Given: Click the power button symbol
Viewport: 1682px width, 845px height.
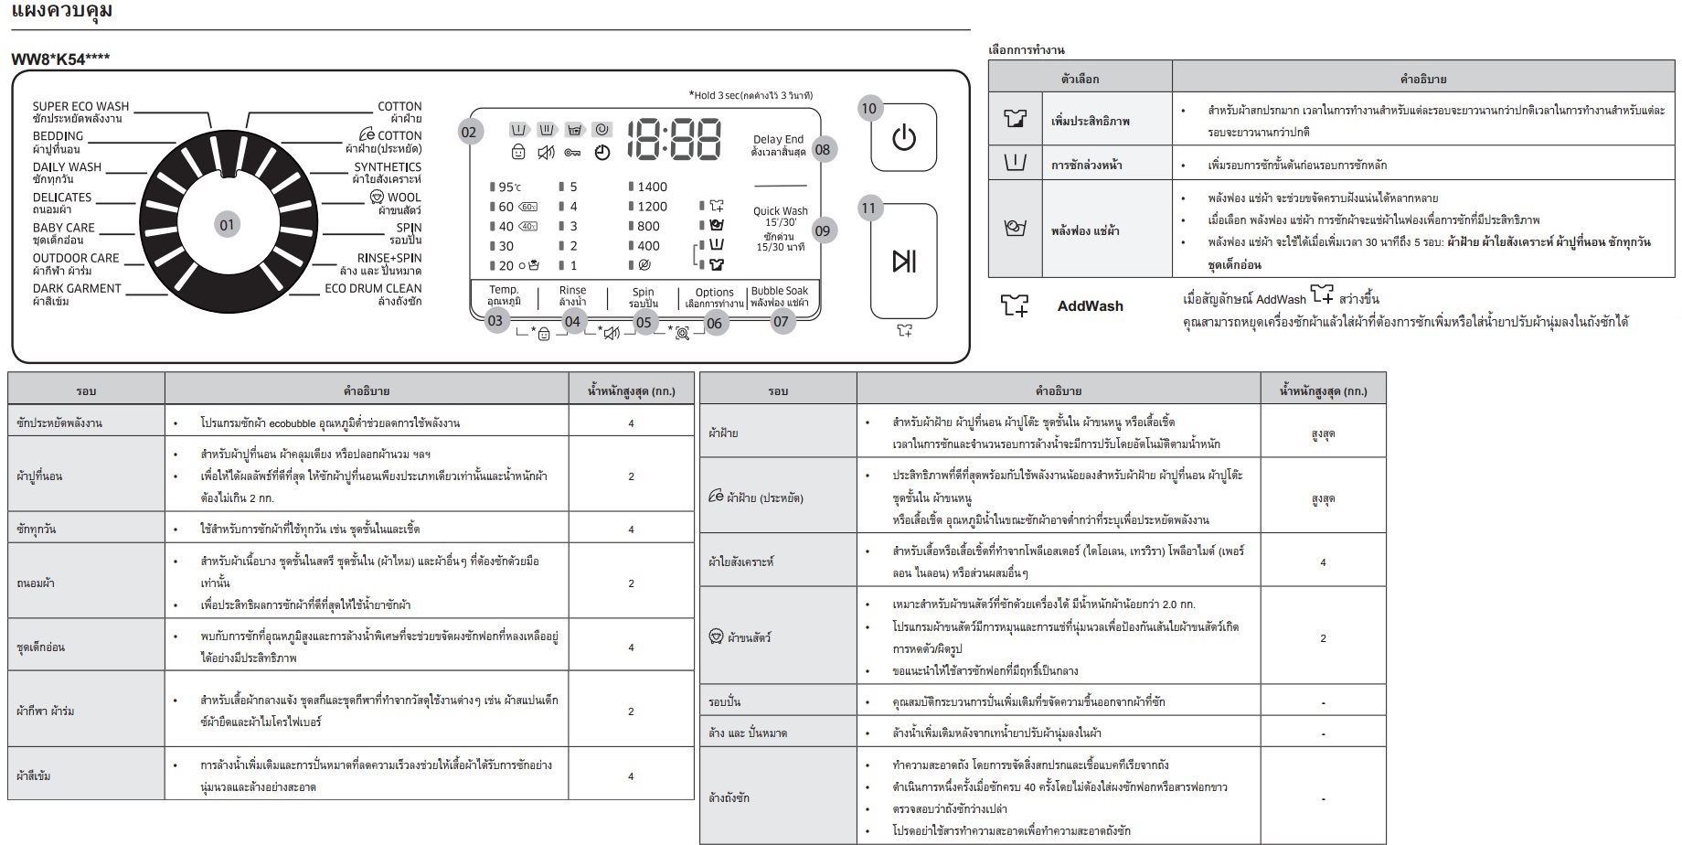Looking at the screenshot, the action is click(903, 138).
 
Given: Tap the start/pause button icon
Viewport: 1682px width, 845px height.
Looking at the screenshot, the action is click(904, 262).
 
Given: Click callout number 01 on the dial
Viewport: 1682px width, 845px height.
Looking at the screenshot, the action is click(227, 224).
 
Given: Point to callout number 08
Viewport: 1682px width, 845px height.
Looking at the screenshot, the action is click(823, 150).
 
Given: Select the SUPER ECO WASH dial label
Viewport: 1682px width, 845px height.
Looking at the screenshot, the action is click(81, 106).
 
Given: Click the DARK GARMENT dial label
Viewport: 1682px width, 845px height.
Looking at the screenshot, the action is click(77, 288).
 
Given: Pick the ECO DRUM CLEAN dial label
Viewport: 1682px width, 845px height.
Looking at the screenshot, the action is click(373, 288).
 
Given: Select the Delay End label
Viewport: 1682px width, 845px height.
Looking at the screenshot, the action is click(779, 140).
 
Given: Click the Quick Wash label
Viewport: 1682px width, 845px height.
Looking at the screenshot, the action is click(781, 210).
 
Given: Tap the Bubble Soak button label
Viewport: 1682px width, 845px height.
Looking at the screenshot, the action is click(780, 291).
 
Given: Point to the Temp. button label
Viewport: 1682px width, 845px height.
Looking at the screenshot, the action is click(504, 290).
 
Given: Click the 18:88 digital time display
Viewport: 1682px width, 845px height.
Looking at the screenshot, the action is click(674, 140).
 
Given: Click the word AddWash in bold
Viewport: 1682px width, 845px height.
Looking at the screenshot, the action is click(1091, 306).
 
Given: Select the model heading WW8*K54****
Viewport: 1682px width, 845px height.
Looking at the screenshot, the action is click(60, 59).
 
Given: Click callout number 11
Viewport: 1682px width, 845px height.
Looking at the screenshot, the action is click(868, 208).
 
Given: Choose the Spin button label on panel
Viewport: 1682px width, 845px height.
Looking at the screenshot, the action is click(644, 292).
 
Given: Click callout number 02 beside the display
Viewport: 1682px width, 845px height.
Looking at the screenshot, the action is click(469, 133).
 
